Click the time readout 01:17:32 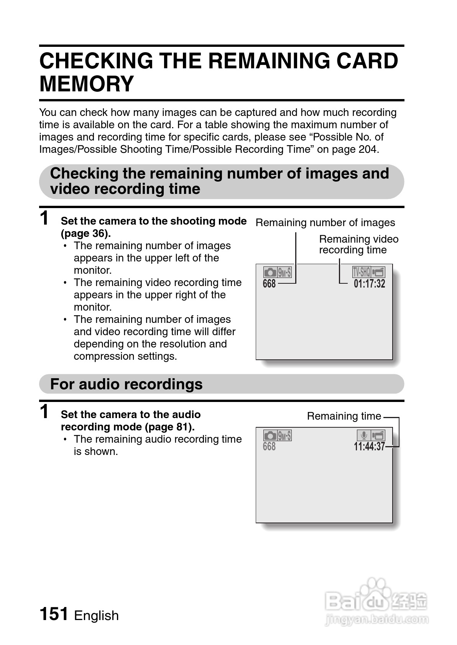(369, 284)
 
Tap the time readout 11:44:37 (369, 447)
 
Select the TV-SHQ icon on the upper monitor (361, 272)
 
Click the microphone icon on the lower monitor (363, 435)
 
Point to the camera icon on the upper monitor (270, 273)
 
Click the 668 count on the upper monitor (269, 284)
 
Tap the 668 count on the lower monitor (269, 447)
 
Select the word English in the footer (96, 615)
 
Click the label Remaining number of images (325, 223)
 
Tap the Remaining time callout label (344, 416)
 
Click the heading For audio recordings (126, 384)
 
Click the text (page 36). (85, 233)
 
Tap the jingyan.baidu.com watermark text (376, 619)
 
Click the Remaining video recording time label (358, 245)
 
